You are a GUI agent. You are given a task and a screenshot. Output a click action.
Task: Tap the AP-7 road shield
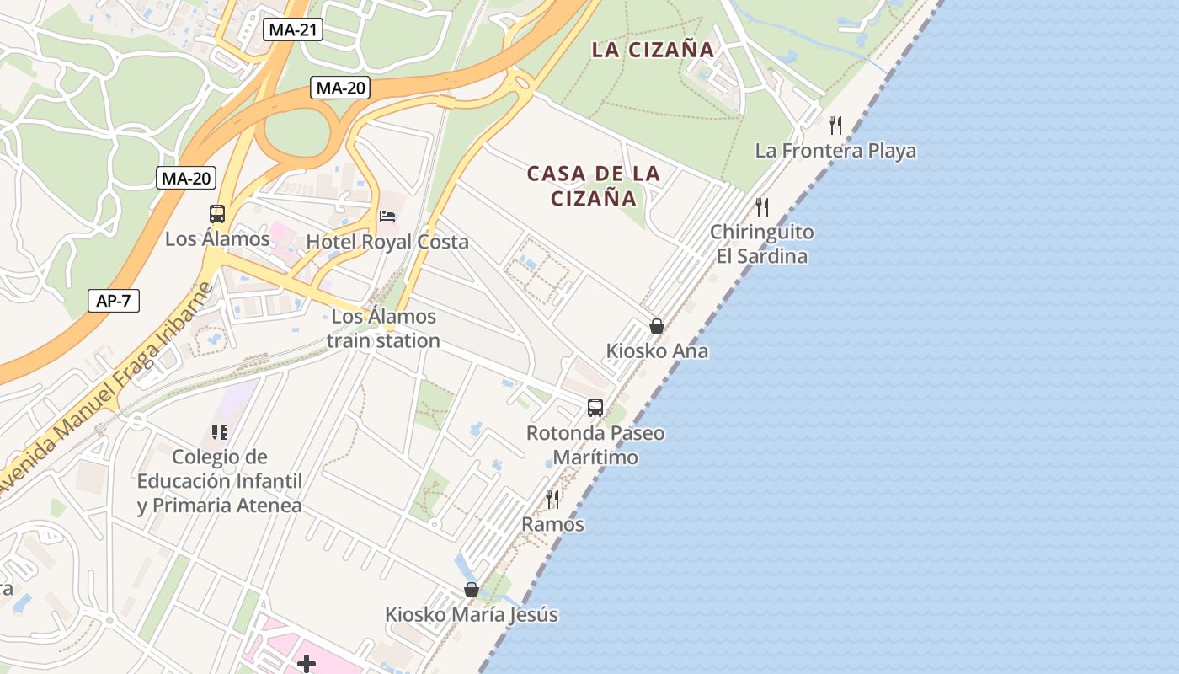click(114, 301)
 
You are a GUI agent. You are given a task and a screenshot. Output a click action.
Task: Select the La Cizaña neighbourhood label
click(653, 50)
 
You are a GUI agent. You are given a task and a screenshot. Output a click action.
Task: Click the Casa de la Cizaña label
click(594, 186)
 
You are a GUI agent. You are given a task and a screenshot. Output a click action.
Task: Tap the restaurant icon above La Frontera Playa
click(835, 126)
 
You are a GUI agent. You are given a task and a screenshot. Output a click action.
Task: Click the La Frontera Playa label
click(835, 151)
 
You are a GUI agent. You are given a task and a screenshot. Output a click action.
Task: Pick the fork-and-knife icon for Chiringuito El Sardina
click(762, 206)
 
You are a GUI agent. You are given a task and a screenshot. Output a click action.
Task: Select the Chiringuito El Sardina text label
click(762, 243)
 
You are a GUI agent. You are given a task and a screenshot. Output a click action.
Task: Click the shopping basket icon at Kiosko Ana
click(657, 326)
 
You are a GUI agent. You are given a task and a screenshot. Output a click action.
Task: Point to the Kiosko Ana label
click(657, 350)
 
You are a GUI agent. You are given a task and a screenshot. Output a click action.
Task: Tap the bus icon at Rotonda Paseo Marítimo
click(595, 408)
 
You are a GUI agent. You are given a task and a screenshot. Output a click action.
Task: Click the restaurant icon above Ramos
click(552, 499)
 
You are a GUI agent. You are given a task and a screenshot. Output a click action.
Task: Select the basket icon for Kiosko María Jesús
click(472, 590)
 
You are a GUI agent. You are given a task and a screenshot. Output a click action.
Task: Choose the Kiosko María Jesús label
click(472, 615)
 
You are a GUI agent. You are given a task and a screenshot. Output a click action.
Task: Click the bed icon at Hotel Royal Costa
click(387, 217)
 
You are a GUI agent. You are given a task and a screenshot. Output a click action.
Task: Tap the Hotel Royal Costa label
click(387, 242)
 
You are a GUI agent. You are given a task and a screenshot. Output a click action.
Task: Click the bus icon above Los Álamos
click(217, 214)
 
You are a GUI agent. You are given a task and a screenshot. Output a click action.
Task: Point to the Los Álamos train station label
click(384, 329)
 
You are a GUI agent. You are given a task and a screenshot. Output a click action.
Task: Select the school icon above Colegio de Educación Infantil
click(220, 432)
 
